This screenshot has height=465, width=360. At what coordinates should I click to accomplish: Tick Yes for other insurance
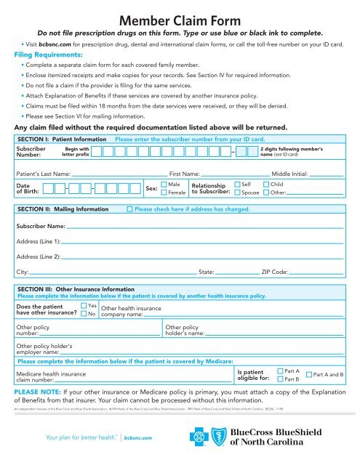point(83,306)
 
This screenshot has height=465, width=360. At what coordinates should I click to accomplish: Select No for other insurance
point(83,314)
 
